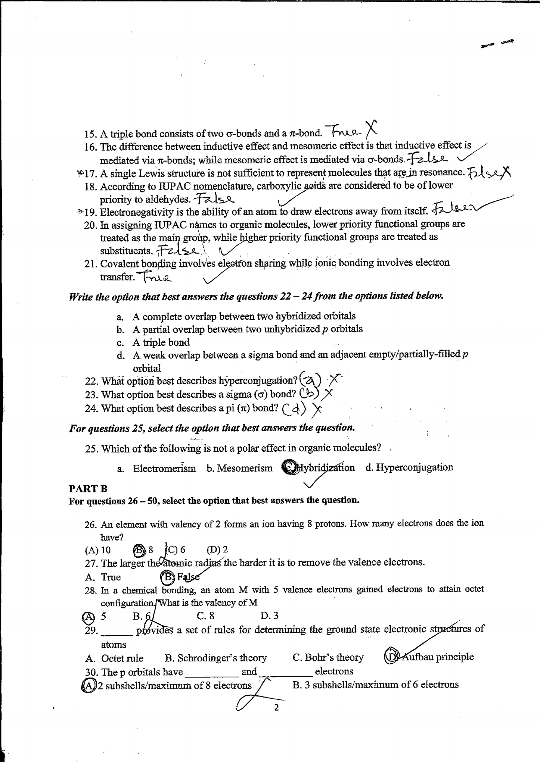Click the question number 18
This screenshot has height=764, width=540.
pos(91,187)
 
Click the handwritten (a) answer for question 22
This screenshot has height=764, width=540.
pos(310,380)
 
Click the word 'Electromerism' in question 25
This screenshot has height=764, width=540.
pos(164,469)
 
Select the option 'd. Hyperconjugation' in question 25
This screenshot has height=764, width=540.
pos(409,467)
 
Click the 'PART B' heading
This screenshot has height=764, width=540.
pos(88,488)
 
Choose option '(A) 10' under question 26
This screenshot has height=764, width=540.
pos(98,550)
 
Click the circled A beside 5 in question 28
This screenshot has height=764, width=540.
pos(88,617)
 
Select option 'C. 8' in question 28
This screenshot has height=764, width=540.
pos(205,616)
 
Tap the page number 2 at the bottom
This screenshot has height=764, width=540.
pos(276,707)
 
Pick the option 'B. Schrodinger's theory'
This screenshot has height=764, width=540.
pos(216,658)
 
